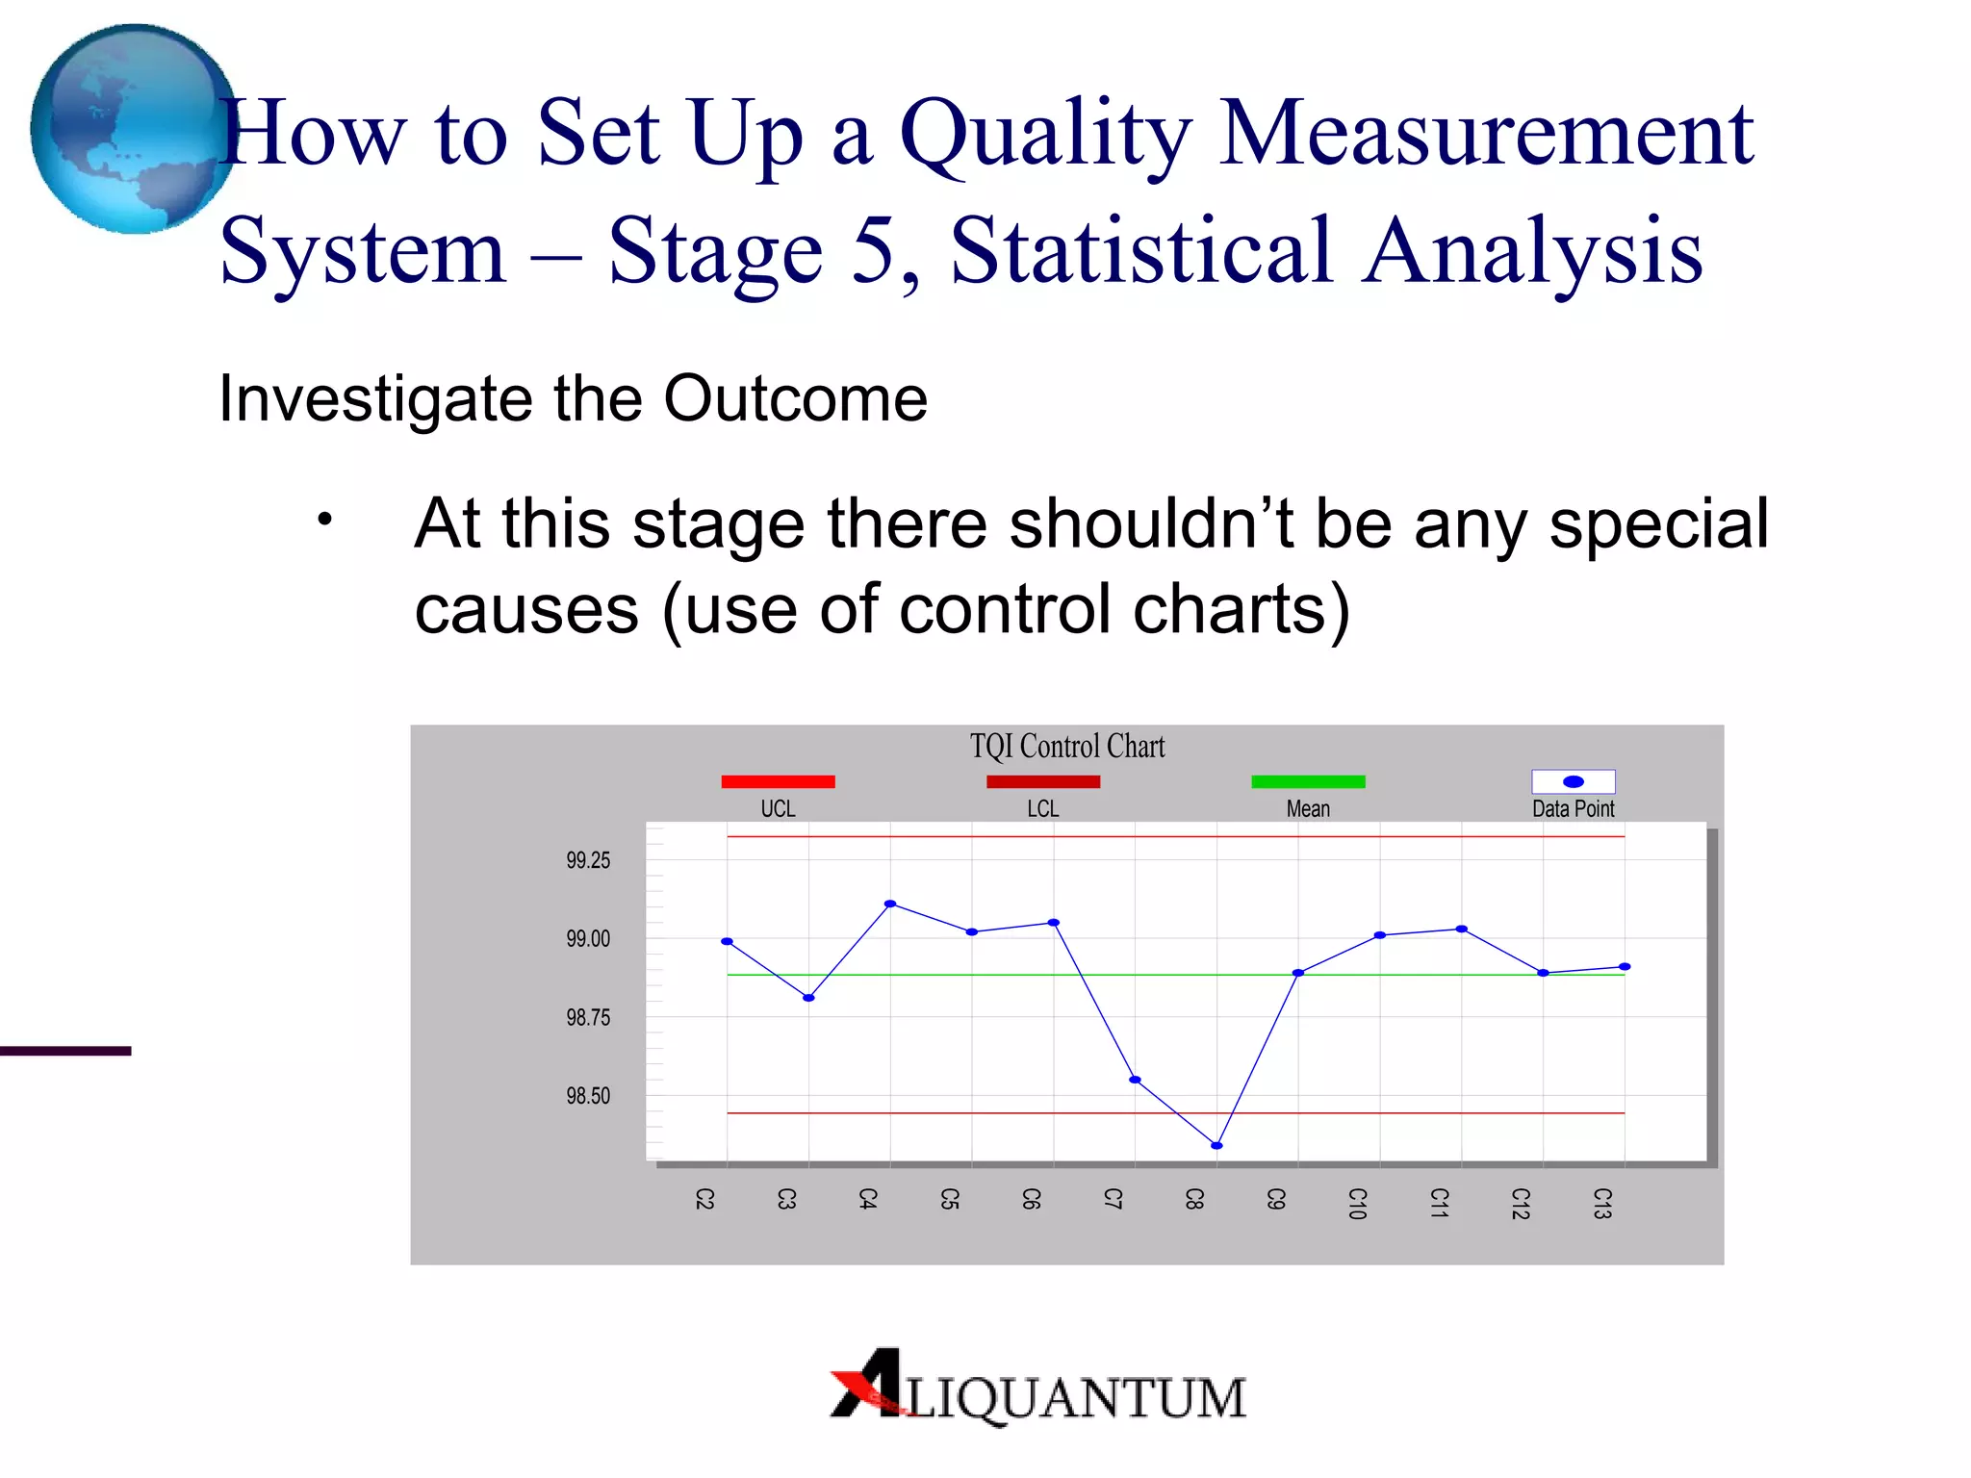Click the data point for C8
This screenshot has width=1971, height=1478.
click(x=1216, y=1145)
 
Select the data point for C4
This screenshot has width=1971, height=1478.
click(x=890, y=904)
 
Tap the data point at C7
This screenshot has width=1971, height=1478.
click(x=1135, y=1080)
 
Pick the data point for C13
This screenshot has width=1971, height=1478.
click(x=1625, y=966)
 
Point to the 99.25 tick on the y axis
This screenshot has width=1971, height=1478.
click(x=587, y=860)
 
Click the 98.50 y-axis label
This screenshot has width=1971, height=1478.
click(x=587, y=1096)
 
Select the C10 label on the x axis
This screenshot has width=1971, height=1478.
click(x=1357, y=1203)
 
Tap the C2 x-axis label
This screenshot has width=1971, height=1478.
click(x=704, y=1199)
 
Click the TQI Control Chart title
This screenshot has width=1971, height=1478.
click(x=1066, y=747)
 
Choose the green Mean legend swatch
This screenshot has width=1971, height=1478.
click(x=1308, y=781)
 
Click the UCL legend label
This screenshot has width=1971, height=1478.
click(x=778, y=809)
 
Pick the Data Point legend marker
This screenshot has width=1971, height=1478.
click(x=1573, y=781)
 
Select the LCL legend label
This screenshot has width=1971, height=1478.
click(x=1042, y=809)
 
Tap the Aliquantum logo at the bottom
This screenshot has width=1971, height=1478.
click(x=1037, y=1389)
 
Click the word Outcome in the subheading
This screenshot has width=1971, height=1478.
click(x=795, y=398)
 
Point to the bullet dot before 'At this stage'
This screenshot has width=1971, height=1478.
click(x=325, y=521)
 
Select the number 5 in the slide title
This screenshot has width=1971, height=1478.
click(x=873, y=250)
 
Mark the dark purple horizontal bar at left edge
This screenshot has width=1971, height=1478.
click(x=65, y=1051)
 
